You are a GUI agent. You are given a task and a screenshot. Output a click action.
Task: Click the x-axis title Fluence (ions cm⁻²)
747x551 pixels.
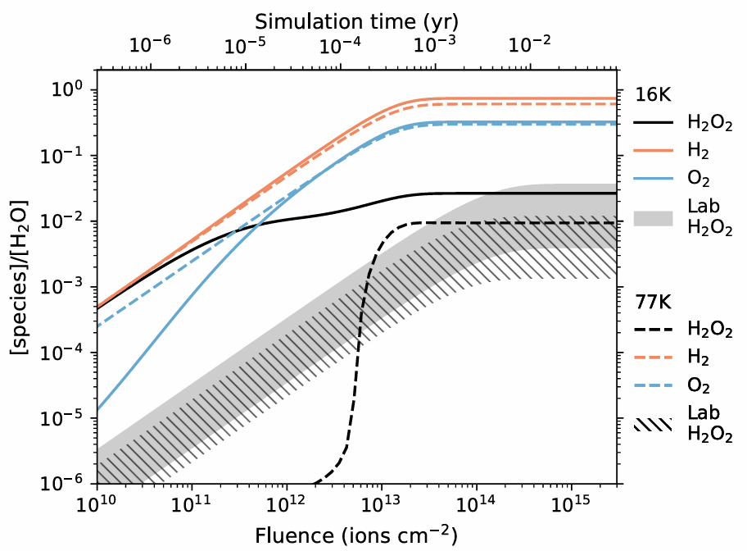[355, 535]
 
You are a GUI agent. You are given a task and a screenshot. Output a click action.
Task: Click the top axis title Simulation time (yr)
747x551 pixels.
[355, 18]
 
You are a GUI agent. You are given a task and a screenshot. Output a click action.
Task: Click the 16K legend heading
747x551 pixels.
[653, 95]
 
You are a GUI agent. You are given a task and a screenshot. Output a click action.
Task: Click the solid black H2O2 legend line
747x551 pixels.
[653, 125]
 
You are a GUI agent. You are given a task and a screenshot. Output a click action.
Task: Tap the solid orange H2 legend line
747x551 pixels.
[653, 153]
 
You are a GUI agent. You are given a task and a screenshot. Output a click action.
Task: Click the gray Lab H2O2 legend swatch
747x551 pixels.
[653, 217]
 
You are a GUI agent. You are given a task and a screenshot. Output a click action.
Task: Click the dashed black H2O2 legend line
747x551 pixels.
[653, 330]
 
